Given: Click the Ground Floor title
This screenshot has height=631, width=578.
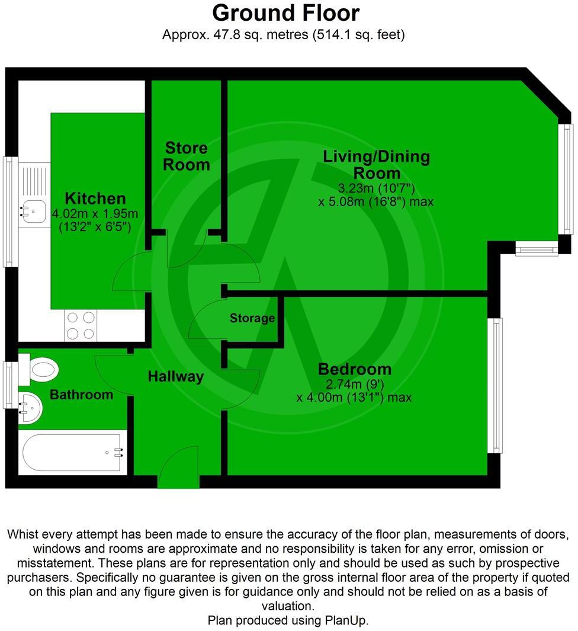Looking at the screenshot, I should (285, 13).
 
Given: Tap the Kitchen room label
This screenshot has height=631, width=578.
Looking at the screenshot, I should (95, 198).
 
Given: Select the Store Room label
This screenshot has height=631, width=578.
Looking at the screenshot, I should (187, 156).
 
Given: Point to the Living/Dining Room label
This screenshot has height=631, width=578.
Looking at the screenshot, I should (377, 165).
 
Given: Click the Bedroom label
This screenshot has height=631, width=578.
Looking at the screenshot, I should (355, 369).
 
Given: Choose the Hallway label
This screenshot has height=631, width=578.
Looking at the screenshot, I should (176, 376).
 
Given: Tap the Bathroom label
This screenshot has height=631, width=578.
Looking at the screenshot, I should (81, 395).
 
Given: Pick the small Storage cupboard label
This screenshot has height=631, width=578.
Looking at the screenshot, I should (252, 319).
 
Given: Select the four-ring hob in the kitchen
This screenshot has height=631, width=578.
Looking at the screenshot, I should (81, 326).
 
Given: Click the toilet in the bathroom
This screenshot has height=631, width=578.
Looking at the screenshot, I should (41, 370).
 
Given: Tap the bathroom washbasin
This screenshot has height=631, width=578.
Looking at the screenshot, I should (30, 408).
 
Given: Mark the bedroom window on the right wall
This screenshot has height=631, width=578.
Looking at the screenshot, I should (496, 385).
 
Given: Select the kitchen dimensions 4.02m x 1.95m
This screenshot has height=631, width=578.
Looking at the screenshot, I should (95, 214).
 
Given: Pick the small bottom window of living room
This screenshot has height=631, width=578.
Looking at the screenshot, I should (537, 250).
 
